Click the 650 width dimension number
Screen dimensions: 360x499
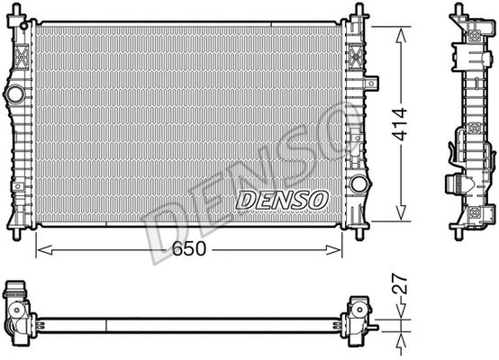(x=189, y=247)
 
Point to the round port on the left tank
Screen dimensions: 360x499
(x=14, y=93)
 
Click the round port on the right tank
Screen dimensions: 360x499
(x=358, y=184)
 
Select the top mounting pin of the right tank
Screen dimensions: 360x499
(x=359, y=12)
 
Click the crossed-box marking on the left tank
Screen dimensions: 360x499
(x=21, y=58)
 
